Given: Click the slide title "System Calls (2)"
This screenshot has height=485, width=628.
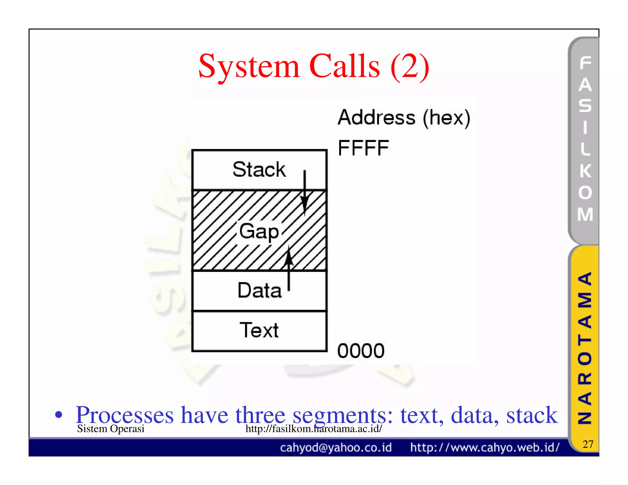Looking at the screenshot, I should pos(313,67).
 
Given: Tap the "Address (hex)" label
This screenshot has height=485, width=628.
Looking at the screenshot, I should pos(404,118).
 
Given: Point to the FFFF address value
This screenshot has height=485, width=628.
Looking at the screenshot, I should pos(363,148).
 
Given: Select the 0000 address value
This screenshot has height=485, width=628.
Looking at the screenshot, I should pos(361,351).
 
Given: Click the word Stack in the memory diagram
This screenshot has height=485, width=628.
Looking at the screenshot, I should pos(259,170).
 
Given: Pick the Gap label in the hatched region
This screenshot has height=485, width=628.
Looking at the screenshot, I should pos(259,231).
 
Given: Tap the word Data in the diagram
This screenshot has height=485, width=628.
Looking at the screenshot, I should pos(259,290).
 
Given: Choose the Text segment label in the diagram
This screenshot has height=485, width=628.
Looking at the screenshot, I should pos(259,330).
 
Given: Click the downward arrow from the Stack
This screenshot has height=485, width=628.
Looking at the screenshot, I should pos(304,193).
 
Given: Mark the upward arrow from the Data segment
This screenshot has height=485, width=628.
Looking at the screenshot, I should pos(289,267).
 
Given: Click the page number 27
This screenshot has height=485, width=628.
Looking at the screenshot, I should pos(588,444).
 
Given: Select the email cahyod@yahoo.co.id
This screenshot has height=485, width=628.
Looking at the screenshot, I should pos(336,448).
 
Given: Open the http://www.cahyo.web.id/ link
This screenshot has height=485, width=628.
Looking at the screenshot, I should pos(484,448).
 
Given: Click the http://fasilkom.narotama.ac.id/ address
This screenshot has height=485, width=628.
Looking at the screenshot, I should pos(313,429).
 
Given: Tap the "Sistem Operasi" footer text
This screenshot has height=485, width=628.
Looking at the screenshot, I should pos(110,429).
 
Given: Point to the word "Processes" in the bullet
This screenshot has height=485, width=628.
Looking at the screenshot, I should pos(124,415).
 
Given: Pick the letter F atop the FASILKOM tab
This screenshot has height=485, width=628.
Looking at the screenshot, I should pos(585,63).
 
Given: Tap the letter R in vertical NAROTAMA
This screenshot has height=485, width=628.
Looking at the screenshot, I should pos(585,379).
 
